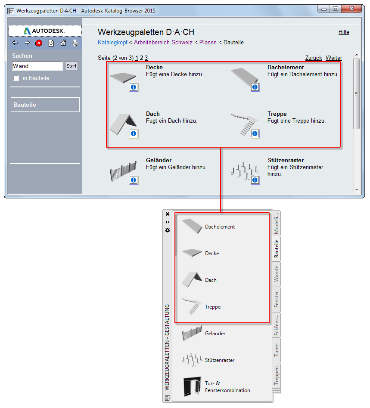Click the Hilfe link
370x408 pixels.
coord(344,32)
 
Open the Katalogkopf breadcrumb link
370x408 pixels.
coord(112,43)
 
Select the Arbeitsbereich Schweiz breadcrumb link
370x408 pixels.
coord(163,43)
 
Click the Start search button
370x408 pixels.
coord(72,66)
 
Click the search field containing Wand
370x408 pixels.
coord(37,66)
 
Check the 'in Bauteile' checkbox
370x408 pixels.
coord(16,78)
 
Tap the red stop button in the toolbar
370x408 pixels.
coord(39,43)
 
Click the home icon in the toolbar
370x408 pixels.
coord(63,43)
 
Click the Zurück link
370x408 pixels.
coord(314,58)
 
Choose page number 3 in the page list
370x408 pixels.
coord(146,58)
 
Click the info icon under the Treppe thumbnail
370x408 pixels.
coord(255,133)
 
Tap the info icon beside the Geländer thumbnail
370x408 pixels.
coord(134,180)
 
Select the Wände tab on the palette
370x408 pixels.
coord(276,274)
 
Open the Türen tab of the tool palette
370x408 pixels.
coord(276,350)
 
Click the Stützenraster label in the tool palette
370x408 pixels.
coord(220,360)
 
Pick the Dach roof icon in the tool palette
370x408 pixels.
coord(192,279)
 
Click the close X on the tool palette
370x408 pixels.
coord(168,214)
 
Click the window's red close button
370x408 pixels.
coord(351,9)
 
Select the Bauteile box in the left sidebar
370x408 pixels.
coord(45,105)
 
